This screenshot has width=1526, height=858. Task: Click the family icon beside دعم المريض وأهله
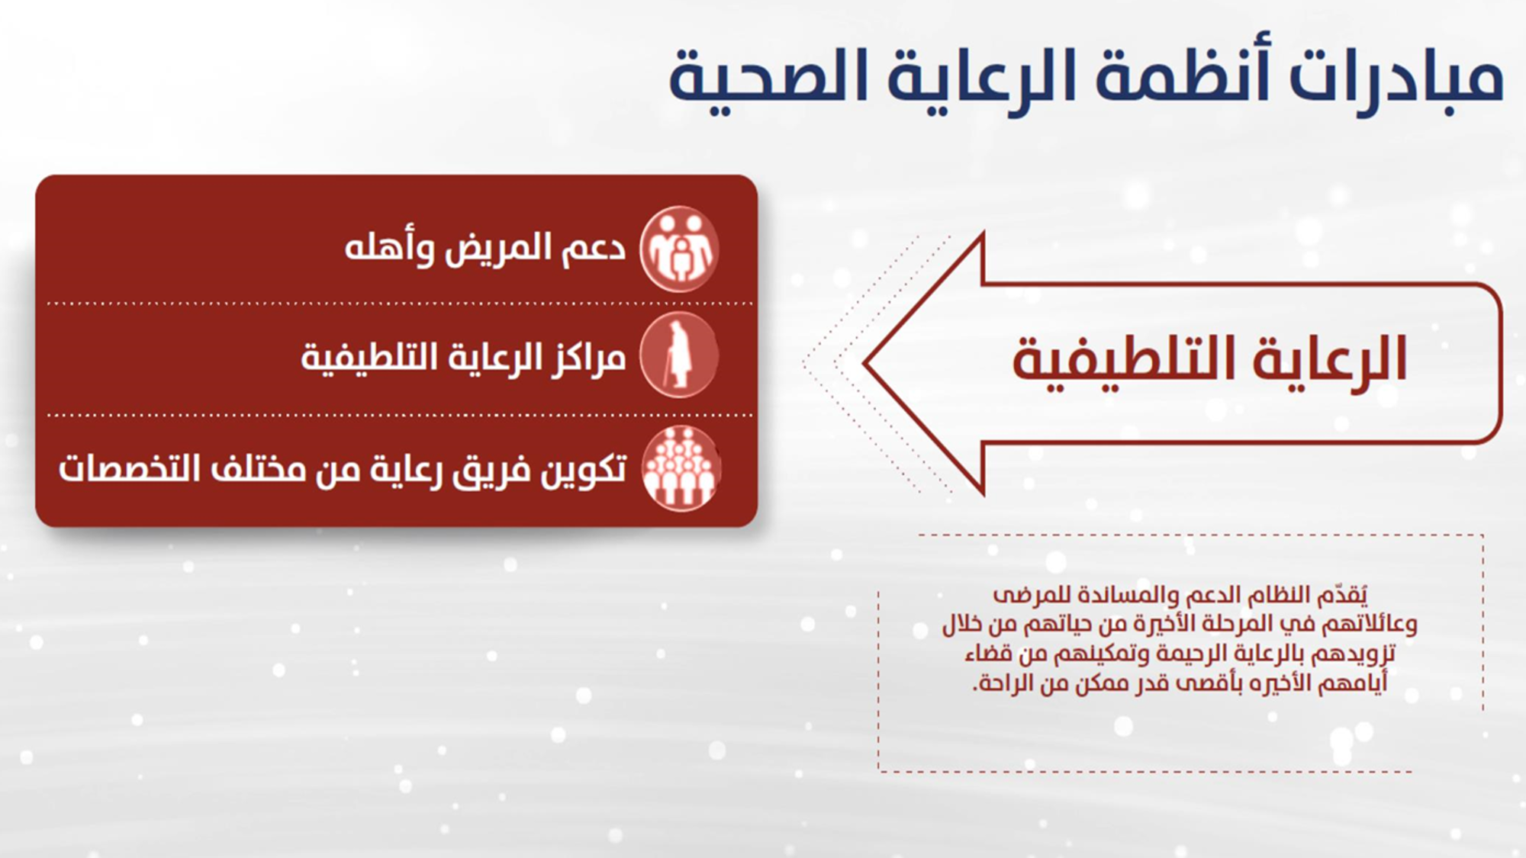(x=678, y=249)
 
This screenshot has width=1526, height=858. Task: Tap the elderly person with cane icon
(x=678, y=355)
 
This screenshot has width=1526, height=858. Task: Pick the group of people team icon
(x=680, y=468)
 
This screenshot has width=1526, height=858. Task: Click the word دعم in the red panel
(x=594, y=248)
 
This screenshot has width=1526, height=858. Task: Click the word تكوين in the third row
(x=584, y=469)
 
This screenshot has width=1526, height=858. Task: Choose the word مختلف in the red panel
(x=252, y=468)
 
